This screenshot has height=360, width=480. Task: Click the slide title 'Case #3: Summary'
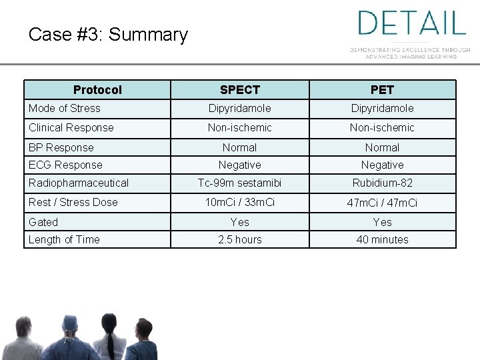coord(108,35)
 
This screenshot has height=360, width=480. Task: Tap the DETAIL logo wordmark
coord(411,23)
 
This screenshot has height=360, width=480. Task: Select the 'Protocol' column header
coord(97,90)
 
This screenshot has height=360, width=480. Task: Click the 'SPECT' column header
coord(240,90)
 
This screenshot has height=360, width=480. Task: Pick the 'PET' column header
coord(383,90)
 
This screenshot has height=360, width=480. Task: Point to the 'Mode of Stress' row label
coord(65,108)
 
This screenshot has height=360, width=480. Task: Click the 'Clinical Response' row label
coord(71,127)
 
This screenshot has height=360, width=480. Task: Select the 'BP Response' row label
coord(61,147)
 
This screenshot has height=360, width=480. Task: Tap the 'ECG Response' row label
coord(65,165)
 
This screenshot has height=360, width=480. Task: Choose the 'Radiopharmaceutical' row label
coord(79,183)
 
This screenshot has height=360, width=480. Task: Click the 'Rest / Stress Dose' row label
coord(73,202)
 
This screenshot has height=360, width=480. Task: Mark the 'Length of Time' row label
coord(64,239)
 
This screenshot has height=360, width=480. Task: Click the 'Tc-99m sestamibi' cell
coord(240,183)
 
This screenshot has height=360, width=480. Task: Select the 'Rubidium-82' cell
coord(383,183)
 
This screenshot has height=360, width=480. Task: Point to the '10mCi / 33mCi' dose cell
coord(240,202)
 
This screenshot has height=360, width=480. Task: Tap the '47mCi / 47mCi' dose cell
coord(383,203)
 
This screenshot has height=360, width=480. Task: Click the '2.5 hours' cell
coord(240,239)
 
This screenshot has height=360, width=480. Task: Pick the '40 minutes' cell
coord(383,239)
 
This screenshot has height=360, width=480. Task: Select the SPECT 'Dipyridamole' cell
coord(240,108)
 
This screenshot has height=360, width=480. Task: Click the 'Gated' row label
coord(43,222)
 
